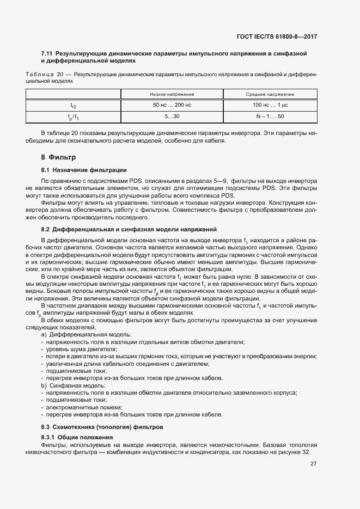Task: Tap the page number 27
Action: (x=313, y=464)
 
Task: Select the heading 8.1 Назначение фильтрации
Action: (x=83, y=170)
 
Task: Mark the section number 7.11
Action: (x=47, y=53)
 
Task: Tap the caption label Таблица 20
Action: (x=45, y=73)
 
